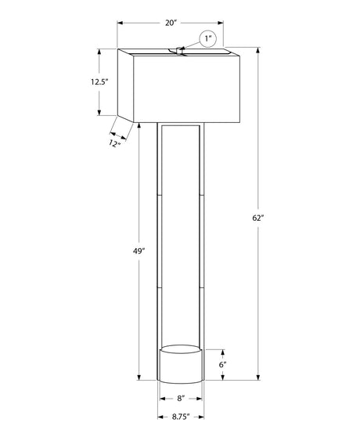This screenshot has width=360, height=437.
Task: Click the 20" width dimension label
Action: click(x=171, y=23)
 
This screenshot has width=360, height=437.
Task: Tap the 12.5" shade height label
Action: click(x=99, y=82)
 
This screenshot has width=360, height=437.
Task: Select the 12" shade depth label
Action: click(x=114, y=144)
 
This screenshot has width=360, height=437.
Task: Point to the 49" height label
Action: click(x=139, y=251)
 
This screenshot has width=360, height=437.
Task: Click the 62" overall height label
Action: click(x=257, y=218)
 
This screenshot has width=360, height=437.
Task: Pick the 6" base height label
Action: click(x=222, y=364)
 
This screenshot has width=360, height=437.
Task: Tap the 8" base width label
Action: click(x=181, y=399)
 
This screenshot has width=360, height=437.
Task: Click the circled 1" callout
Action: click(x=208, y=38)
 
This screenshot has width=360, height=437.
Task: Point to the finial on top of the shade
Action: click(x=179, y=51)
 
